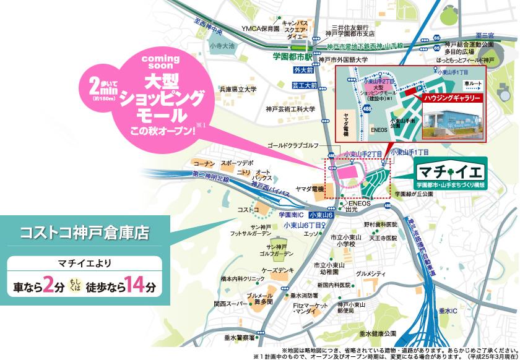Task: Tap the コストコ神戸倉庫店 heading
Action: pyautogui.click(x=85, y=233)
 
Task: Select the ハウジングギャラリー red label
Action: pyautogui.click(x=452, y=98)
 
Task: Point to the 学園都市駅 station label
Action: pyautogui.click(x=290, y=56)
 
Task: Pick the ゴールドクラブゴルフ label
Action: pyautogui.click(x=292, y=145)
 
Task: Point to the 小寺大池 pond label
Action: pyautogui.click(x=222, y=46)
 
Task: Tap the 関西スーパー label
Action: pyautogui.click(x=230, y=304)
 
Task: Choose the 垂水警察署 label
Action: pyautogui.click(x=240, y=337)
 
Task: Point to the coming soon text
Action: pyautogui.click(x=160, y=62)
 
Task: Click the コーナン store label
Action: pyautogui.click(x=204, y=163)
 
